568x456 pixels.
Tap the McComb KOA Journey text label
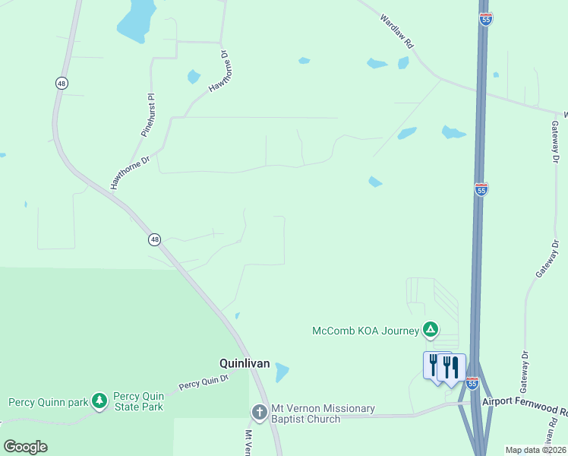click(x=365, y=331)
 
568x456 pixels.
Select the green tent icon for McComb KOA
click(x=431, y=330)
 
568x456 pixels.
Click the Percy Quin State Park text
click(x=138, y=401)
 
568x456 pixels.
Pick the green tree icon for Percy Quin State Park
click(x=99, y=401)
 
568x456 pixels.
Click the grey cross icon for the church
click(x=259, y=413)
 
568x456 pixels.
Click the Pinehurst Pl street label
click(x=148, y=115)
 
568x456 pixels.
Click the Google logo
click(x=25, y=447)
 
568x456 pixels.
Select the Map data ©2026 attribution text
click(x=535, y=450)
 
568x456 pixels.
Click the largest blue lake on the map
click(x=137, y=19)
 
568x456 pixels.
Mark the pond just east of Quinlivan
click(x=282, y=372)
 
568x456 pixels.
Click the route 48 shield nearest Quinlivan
click(x=155, y=239)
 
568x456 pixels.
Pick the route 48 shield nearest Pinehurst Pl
click(x=60, y=82)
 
